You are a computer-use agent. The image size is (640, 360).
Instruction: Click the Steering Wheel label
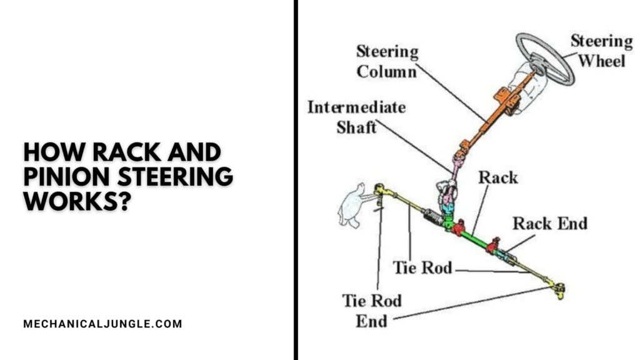click(601, 51)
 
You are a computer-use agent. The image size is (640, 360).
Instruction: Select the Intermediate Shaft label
click(356, 117)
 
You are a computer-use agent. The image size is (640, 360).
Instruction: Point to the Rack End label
click(550, 222)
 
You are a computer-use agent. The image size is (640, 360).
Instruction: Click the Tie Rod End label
click(371, 311)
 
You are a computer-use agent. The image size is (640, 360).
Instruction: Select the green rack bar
click(477, 239)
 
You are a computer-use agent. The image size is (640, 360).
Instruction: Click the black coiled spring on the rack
click(432, 217)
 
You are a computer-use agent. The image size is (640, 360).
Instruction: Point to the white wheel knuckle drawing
click(351, 207)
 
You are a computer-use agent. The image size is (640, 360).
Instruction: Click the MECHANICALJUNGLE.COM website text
click(102, 324)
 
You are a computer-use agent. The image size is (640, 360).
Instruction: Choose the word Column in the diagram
click(386, 71)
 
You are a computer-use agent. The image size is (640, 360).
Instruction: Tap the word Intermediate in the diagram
click(356, 107)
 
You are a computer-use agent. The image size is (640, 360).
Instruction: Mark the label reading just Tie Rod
click(422, 267)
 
